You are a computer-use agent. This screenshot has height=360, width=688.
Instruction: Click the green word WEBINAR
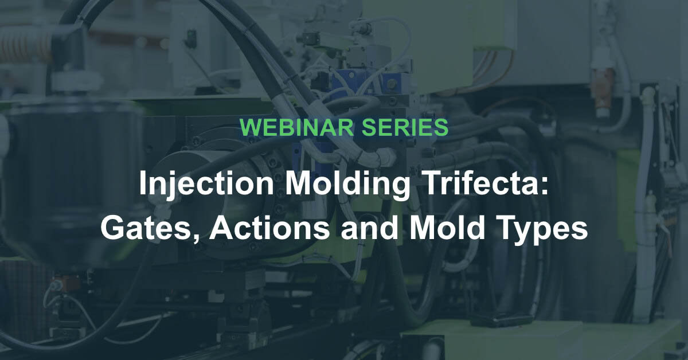point(296,127)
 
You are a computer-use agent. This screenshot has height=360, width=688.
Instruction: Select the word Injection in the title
point(206,184)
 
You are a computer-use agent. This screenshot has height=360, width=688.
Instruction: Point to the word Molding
point(347,184)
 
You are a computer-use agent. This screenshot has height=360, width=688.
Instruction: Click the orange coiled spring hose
point(26,46)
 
